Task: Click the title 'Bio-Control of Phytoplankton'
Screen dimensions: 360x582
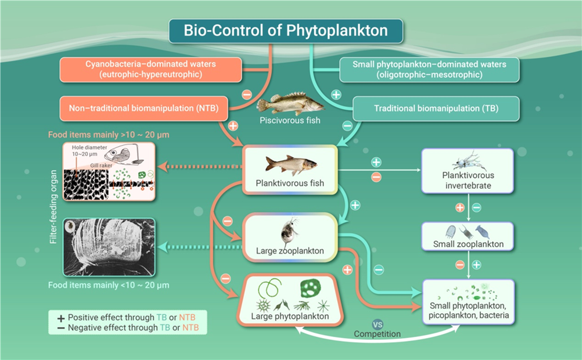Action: (x=285, y=30)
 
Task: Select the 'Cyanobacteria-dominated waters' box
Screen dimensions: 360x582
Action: (x=151, y=69)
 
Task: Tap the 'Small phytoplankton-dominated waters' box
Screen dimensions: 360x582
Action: (x=430, y=69)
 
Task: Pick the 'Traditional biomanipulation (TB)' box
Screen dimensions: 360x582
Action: (x=436, y=109)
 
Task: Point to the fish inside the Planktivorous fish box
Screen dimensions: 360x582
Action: (x=291, y=164)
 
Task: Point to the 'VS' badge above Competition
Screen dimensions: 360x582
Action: (x=377, y=324)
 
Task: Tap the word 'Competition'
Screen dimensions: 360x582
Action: (x=377, y=334)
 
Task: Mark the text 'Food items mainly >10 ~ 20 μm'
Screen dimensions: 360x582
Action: (x=108, y=135)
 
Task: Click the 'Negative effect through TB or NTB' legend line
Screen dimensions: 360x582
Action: (x=128, y=328)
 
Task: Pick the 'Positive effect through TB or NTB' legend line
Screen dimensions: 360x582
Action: (x=128, y=317)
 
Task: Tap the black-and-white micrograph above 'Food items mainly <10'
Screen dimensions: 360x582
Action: (x=109, y=247)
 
